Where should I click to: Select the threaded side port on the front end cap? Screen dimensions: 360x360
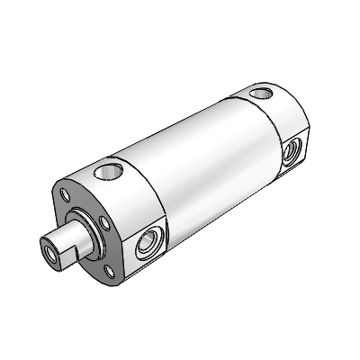pos(147,243)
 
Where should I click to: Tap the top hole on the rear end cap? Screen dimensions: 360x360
pos(263,92)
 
